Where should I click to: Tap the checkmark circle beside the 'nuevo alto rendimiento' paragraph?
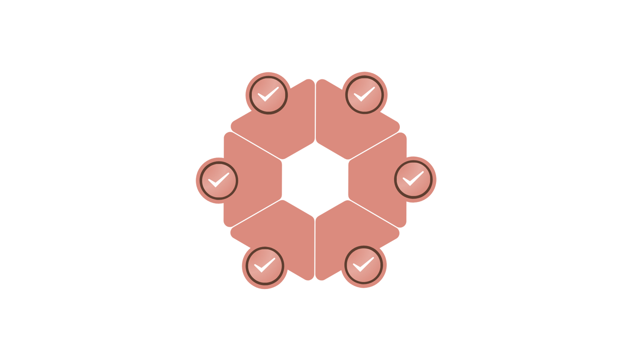point(264,265)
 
